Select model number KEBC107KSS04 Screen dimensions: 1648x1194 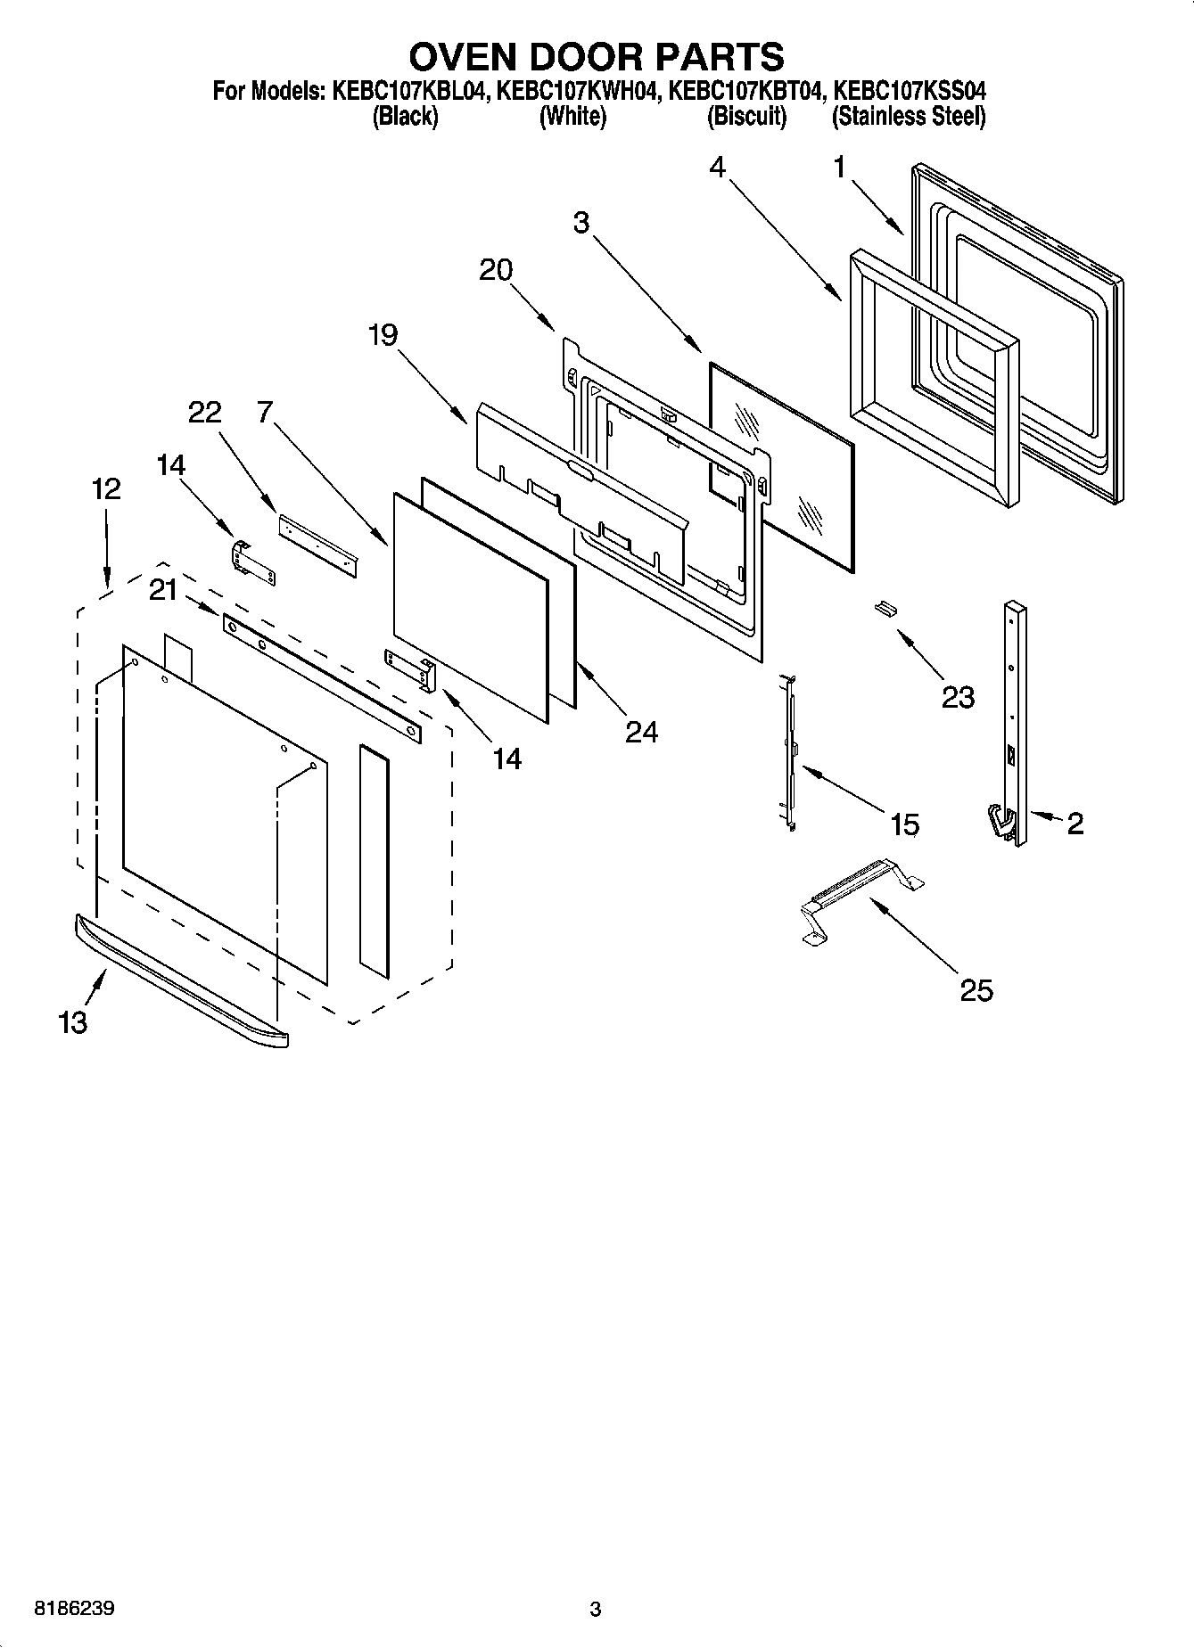(909, 91)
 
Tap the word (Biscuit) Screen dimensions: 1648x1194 (746, 117)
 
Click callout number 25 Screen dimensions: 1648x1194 (976, 990)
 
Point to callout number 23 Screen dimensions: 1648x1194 (958, 697)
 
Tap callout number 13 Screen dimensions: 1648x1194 (73, 1022)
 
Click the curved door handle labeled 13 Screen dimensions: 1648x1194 (178, 980)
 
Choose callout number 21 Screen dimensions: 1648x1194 (163, 590)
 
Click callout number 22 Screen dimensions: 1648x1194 (204, 412)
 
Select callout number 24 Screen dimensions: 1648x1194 (641, 732)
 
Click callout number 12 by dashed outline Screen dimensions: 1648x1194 (105, 489)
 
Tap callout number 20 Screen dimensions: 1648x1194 (496, 269)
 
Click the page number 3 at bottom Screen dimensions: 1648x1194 (596, 1610)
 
